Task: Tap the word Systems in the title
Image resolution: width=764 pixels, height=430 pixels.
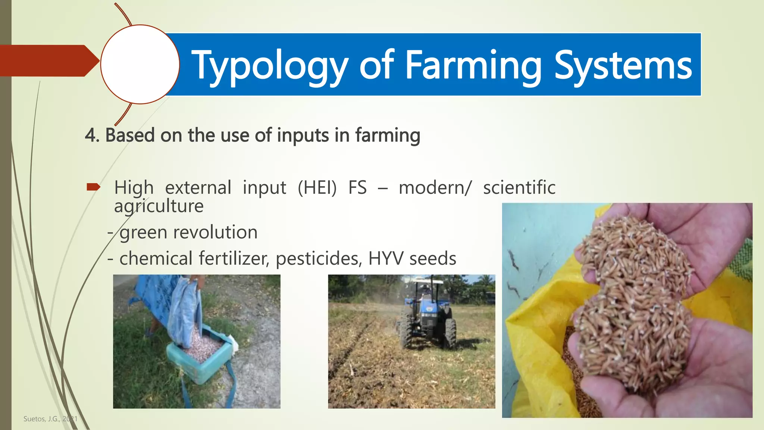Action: point(623,66)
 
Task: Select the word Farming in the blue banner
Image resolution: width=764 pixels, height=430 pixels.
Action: point(473,66)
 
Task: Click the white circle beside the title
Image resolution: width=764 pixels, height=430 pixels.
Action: point(140,64)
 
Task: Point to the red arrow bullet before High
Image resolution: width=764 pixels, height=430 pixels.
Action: point(93,187)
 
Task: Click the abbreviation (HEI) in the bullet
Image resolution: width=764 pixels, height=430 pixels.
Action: point(317,187)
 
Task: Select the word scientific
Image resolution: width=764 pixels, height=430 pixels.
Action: point(519,187)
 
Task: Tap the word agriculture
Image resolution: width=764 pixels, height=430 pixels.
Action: point(159,206)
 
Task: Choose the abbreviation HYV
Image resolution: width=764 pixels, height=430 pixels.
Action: point(386,258)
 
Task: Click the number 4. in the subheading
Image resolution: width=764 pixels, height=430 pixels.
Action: point(92,135)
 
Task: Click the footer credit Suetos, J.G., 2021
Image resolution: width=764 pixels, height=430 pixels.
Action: point(50,419)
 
